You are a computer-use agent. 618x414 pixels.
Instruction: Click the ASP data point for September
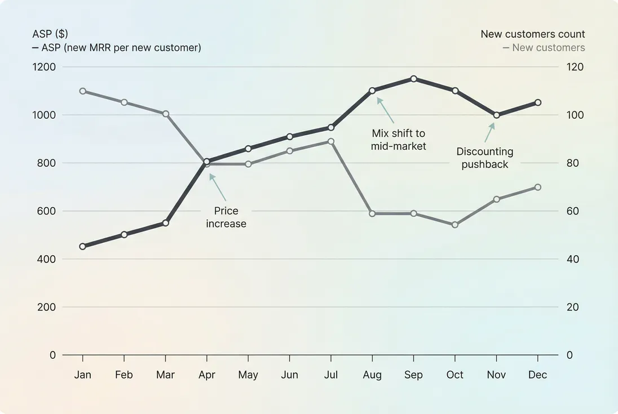tap(413, 79)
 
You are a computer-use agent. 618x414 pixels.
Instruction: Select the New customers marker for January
tap(83, 91)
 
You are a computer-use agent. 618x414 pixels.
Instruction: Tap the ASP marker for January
tap(83, 246)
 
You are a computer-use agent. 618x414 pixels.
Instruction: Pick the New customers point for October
tap(455, 225)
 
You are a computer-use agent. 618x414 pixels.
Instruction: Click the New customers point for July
tap(331, 141)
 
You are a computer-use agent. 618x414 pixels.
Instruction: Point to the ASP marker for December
tap(538, 103)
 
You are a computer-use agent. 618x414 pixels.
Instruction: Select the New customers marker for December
tap(538, 187)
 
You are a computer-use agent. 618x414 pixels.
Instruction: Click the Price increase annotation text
tap(226, 217)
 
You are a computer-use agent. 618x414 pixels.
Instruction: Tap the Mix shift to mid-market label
tap(398, 140)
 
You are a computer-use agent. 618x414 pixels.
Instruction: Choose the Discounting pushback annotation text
tap(485, 158)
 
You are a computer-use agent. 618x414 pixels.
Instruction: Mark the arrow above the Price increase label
tap(218, 187)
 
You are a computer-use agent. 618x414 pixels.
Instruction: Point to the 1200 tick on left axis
tap(45, 67)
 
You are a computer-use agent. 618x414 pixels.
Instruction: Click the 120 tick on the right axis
tap(576, 67)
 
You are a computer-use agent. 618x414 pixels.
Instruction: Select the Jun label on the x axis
tap(289, 375)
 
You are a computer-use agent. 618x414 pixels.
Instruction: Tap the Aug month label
tap(372, 375)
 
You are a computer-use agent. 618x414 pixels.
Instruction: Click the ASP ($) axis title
tap(50, 34)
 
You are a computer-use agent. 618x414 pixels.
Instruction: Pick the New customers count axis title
tap(532, 34)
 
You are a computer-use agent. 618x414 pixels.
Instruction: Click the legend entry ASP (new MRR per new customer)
tap(117, 48)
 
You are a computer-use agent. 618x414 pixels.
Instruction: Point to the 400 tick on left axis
tap(45, 259)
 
